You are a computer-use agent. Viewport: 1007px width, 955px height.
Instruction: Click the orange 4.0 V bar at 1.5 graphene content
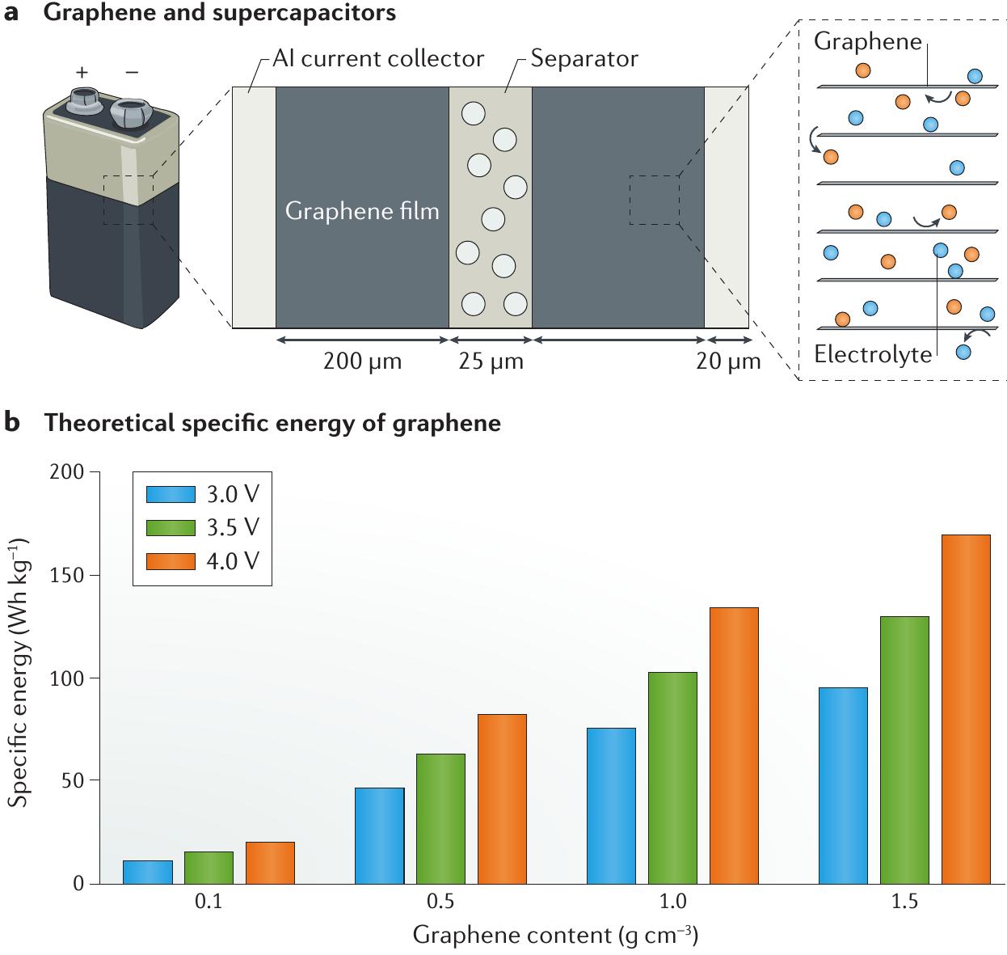pos(966,708)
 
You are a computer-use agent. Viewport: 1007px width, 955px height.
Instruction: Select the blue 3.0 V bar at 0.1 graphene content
pos(147,872)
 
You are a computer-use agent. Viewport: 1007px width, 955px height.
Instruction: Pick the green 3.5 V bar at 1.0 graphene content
pos(672,777)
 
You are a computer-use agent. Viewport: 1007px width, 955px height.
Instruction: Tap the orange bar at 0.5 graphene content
pos(502,798)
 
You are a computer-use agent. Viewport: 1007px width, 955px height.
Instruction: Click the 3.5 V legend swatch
pos(171,527)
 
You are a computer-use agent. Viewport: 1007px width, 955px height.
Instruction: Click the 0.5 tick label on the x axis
pos(440,902)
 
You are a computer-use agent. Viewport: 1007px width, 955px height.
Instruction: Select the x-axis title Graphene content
pos(555,936)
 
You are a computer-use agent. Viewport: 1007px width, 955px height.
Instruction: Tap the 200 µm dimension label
pos(362,361)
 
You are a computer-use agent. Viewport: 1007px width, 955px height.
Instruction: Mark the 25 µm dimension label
pos(491,361)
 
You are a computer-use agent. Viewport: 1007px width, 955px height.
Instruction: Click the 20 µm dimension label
pos(728,361)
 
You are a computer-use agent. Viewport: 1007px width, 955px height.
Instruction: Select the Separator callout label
pos(584,59)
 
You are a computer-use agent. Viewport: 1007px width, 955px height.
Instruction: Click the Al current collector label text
pos(378,59)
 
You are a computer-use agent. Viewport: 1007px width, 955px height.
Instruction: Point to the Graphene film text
pos(362,211)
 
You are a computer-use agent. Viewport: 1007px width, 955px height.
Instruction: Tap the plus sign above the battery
pos(82,72)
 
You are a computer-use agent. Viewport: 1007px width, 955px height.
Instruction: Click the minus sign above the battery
pos(132,72)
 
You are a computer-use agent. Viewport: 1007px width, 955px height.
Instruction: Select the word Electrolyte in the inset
pos(873,354)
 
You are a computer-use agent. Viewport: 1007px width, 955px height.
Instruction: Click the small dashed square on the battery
pos(128,200)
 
